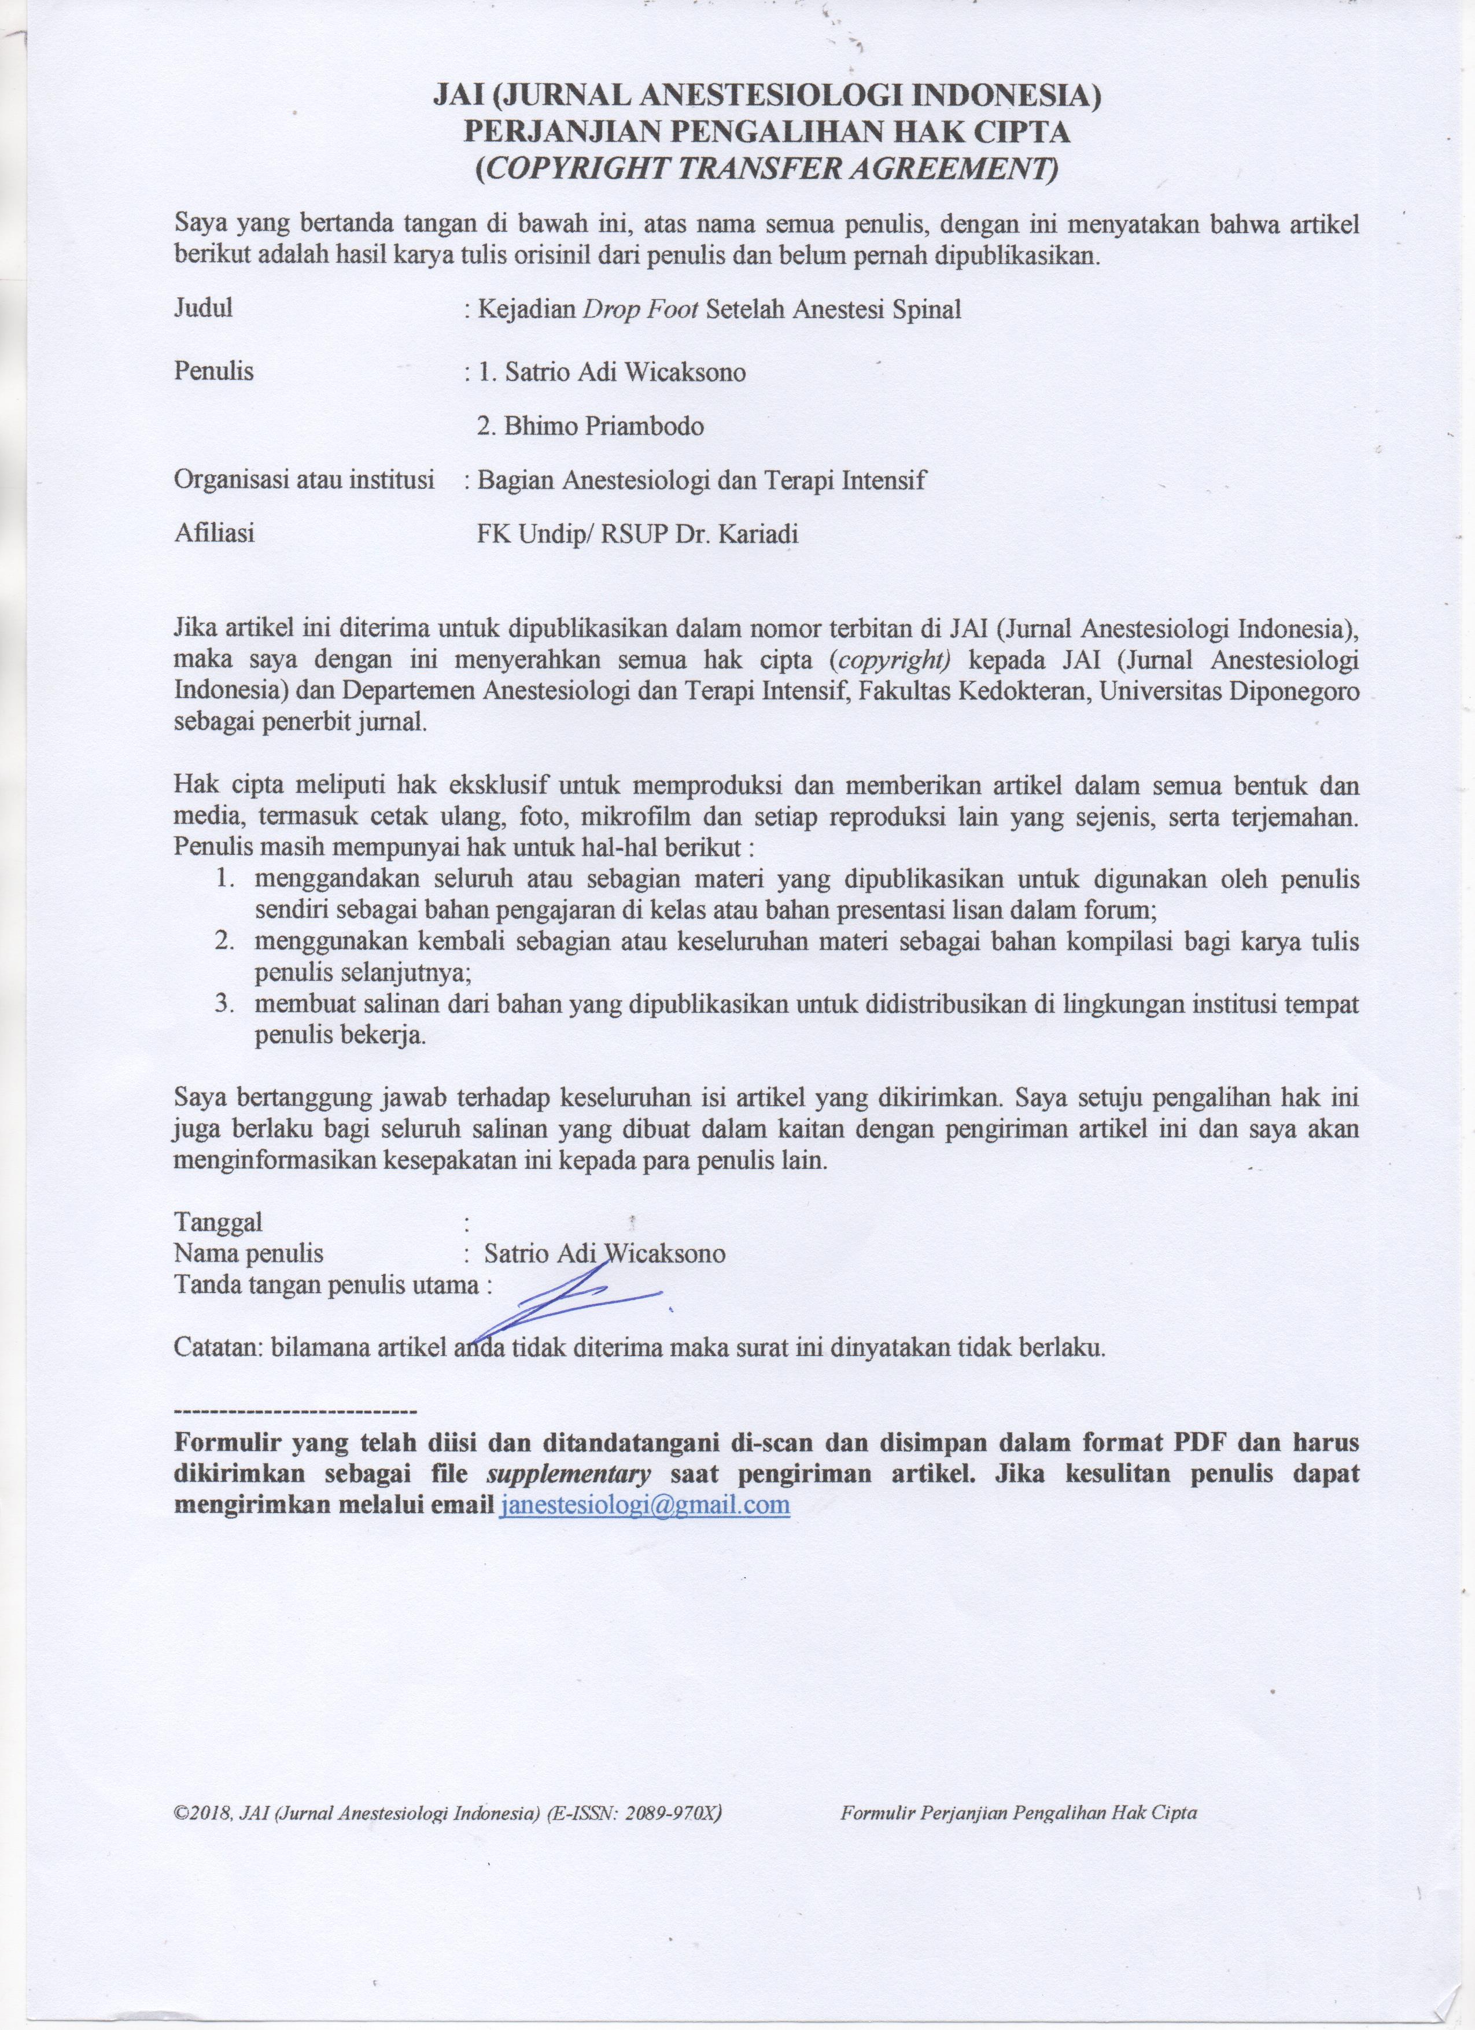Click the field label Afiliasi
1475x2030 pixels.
point(214,534)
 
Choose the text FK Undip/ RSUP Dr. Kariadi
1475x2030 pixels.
point(637,535)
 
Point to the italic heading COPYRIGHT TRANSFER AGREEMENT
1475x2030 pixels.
point(766,168)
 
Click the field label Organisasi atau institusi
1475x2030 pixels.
point(304,480)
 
